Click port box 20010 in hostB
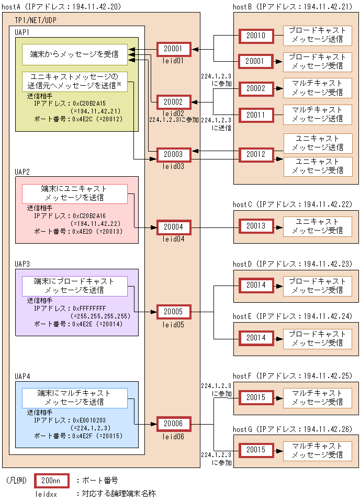pos(256,36)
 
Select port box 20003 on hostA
pos(173,155)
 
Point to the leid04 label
pos(173,239)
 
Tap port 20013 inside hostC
pos(256,226)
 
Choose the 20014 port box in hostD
pos(256,285)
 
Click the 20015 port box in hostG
pos(256,450)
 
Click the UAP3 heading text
pos(22,264)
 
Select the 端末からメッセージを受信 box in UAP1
pos(74,54)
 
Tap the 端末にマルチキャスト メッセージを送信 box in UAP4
pos(74,397)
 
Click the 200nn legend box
pos(50,480)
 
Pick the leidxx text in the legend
pos(46,493)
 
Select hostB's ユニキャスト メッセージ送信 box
pos(318,143)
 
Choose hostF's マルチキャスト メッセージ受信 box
pos(318,397)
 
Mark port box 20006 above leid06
pos(173,423)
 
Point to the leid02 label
pos(173,113)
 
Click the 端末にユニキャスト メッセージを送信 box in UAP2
pos(74,193)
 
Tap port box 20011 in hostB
pos(256,115)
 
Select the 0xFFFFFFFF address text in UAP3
pos(89,309)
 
